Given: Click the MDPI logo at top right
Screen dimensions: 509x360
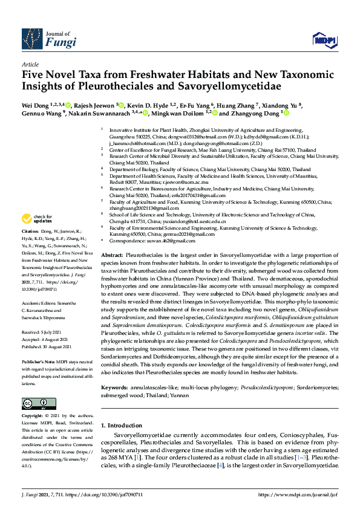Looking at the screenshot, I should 324,40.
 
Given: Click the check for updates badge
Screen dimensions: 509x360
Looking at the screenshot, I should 38,218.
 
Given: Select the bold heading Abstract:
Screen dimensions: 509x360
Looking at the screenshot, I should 113,256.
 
